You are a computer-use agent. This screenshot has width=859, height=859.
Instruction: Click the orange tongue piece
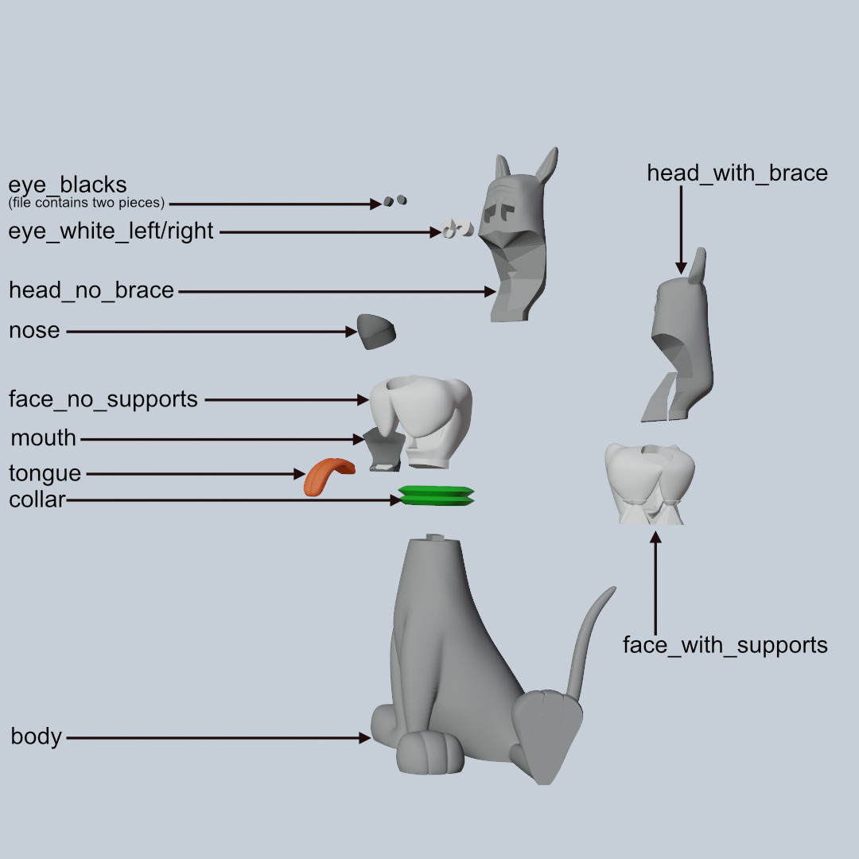[x=326, y=476]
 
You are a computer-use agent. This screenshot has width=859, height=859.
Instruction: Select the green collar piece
[x=436, y=496]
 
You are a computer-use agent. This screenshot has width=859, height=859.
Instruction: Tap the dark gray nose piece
[x=375, y=331]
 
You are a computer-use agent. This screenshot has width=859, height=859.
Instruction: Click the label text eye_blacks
[x=68, y=185]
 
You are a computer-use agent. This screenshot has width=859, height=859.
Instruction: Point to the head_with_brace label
[x=737, y=173]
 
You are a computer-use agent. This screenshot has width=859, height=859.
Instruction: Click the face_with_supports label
[x=725, y=645]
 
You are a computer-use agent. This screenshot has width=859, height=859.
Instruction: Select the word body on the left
[x=36, y=737]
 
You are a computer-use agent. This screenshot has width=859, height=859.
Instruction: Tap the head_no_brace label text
[x=91, y=290]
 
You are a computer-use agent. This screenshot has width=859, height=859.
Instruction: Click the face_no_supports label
[x=103, y=398]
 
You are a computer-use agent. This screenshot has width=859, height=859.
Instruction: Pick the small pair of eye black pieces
[x=395, y=200]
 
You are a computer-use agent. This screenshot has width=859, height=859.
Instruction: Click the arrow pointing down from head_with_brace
[x=681, y=231]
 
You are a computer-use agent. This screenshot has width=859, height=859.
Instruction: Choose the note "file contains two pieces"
[x=87, y=203]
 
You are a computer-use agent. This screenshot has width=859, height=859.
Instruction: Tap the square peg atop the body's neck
[x=434, y=537]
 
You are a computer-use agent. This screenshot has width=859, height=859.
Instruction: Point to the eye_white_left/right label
[x=111, y=231]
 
